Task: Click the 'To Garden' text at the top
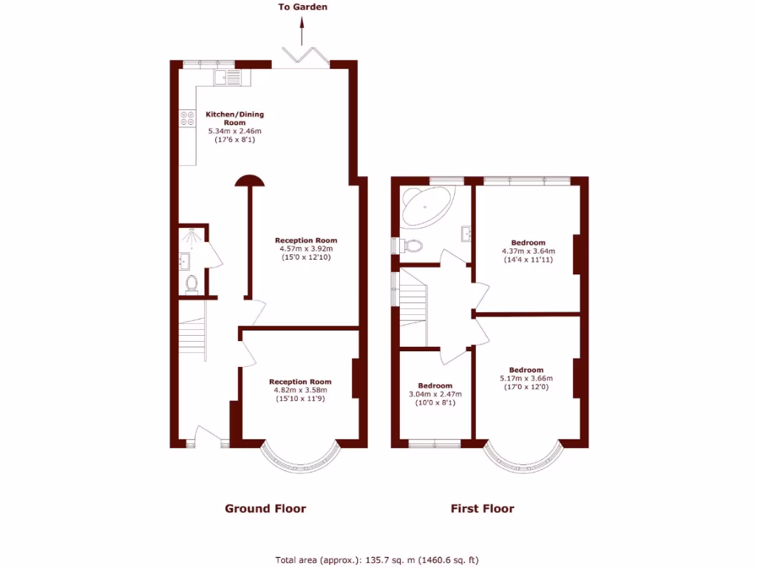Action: pyautogui.click(x=302, y=7)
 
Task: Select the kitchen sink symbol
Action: pyautogui.click(x=227, y=76)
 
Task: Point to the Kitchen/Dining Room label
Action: pyautogui.click(x=234, y=118)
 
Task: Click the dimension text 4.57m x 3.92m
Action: pyautogui.click(x=306, y=249)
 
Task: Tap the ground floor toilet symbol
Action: pyautogui.click(x=192, y=283)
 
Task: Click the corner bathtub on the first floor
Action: pyautogui.click(x=427, y=207)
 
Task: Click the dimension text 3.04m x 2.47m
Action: pyautogui.click(x=435, y=394)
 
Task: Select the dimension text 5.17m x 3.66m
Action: pyautogui.click(x=526, y=379)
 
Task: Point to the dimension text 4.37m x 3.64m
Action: pyautogui.click(x=528, y=251)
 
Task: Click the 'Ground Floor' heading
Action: pyautogui.click(x=265, y=509)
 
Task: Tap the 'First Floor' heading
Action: pyautogui.click(x=482, y=509)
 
